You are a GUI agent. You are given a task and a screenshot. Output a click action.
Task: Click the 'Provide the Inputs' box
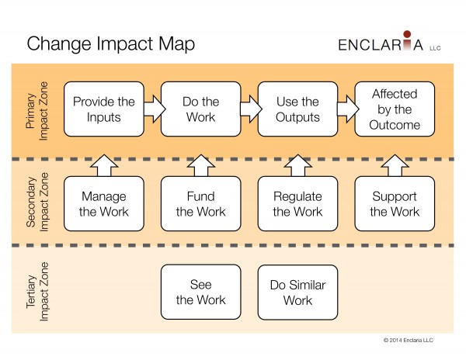[104, 109]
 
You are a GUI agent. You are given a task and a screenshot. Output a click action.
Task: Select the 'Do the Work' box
[201, 109]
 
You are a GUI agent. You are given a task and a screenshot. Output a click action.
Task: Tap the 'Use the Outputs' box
[297, 109]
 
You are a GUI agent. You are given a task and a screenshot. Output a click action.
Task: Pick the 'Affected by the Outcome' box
[395, 109]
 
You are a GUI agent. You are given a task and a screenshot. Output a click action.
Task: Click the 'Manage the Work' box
[104, 203]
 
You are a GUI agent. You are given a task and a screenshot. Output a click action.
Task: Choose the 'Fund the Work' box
[201, 203]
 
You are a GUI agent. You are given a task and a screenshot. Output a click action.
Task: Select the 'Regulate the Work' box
[297, 203]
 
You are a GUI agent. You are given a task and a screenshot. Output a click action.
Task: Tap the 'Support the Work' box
[395, 203]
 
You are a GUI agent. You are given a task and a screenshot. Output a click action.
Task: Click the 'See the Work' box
[201, 292]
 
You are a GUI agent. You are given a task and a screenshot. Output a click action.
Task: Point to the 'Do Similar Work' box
[297, 292]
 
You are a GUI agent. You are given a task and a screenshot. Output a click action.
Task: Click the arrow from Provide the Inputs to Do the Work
[155, 109]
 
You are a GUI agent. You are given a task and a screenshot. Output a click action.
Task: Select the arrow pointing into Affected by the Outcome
[348, 109]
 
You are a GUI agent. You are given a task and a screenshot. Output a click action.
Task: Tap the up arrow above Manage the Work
[104, 165]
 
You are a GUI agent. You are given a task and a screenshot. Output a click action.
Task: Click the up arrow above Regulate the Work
[297, 165]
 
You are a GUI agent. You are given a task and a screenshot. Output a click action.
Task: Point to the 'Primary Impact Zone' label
[37, 111]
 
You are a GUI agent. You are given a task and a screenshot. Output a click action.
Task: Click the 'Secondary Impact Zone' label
[37, 202]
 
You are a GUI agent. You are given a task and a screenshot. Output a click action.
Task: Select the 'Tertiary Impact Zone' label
[37, 292]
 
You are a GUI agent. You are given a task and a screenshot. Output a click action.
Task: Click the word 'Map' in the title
[176, 44]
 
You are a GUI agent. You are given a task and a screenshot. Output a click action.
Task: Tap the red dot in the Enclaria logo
[407, 34]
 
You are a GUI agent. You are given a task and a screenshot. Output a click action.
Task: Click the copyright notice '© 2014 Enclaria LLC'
[409, 340]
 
